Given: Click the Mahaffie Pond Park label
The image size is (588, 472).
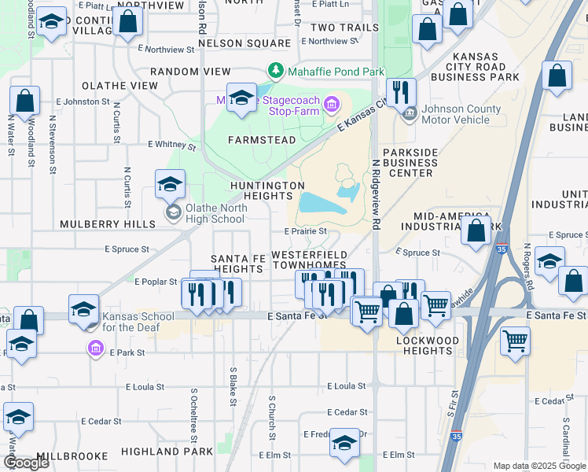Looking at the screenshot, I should [336, 71].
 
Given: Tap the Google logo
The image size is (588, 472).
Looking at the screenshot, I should [26, 463].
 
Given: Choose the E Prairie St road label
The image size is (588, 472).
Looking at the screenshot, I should [305, 231].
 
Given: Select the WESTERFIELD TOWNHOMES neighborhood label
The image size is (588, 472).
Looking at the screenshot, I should [309, 262].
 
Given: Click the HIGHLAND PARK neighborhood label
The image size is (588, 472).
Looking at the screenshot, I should [167, 452].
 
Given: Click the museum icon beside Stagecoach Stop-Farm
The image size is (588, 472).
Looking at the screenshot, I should [332, 104].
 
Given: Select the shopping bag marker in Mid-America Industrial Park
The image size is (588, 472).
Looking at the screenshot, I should [476, 230].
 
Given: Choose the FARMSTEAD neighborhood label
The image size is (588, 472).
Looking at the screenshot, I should [262, 140].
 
